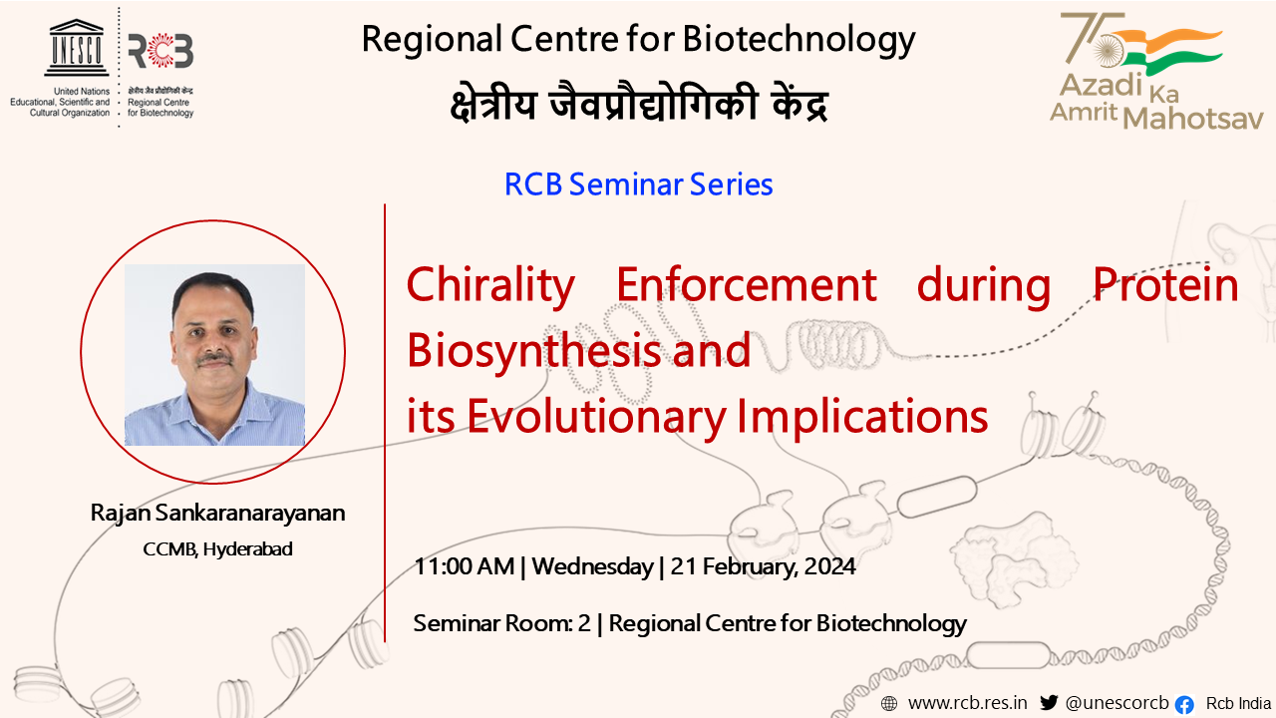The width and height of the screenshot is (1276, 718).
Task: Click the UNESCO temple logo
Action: pyautogui.click(x=77, y=48)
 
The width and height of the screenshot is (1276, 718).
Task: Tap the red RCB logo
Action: pyautogui.click(x=160, y=51)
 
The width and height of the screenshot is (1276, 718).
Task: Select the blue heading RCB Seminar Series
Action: pyautogui.click(x=639, y=184)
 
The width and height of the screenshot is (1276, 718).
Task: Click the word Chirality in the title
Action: pyautogui.click(x=490, y=286)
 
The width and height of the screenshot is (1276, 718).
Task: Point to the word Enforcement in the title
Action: pyautogui.click(x=747, y=285)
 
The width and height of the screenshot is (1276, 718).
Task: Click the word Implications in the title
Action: pyautogui.click(x=862, y=417)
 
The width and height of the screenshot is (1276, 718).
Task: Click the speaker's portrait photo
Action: pyautogui.click(x=214, y=354)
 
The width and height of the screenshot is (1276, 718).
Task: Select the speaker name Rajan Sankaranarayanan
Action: pyautogui.click(x=217, y=513)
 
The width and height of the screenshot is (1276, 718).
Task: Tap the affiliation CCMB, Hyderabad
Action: pyautogui.click(x=217, y=549)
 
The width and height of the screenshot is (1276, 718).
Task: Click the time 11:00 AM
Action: pyautogui.click(x=464, y=567)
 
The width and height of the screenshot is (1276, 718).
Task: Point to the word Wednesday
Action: pyautogui.click(x=592, y=567)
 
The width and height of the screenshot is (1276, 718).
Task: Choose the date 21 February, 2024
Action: pyautogui.click(x=763, y=567)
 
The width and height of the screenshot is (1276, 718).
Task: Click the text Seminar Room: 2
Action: pyautogui.click(x=501, y=623)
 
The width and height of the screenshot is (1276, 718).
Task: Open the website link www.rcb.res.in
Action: pyautogui.click(x=968, y=703)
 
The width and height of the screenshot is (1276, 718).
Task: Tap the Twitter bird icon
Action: pyautogui.click(x=1049, y=703)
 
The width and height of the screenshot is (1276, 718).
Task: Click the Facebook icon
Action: pyautogui.click(x=1184, y=705)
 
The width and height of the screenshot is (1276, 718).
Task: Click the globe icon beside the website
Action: pyautogui.click(x=888, y=704)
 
